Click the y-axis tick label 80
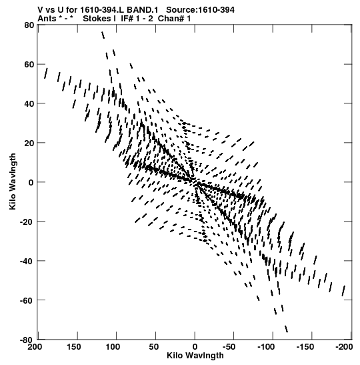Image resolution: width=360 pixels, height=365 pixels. (29, 25)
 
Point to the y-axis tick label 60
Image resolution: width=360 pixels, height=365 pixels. (29, 64)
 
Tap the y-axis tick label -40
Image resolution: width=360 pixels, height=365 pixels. (26, 261)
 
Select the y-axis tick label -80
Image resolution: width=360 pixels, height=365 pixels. (26, 340)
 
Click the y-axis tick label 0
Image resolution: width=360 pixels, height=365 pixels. (31, 182)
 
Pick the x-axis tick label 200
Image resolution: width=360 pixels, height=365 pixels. (35, 347)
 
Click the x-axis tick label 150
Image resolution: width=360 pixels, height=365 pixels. (74, 347)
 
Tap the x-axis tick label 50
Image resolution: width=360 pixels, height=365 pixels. (154, 347)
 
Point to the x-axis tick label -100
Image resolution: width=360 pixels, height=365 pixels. (266, 347)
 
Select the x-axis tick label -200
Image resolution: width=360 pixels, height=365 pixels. (344, 347)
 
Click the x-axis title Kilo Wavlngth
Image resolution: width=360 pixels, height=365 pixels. (195, 356)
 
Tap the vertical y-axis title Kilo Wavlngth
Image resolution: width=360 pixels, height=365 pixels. (13, 181)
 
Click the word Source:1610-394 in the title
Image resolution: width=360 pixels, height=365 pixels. (200, 10)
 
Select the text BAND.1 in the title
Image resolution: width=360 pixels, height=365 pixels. (142, 10)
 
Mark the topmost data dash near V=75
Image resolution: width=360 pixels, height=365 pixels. (103, 35)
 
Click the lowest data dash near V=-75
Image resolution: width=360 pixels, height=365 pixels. (286, 329)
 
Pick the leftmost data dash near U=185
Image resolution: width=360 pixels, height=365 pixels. (46, 73)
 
